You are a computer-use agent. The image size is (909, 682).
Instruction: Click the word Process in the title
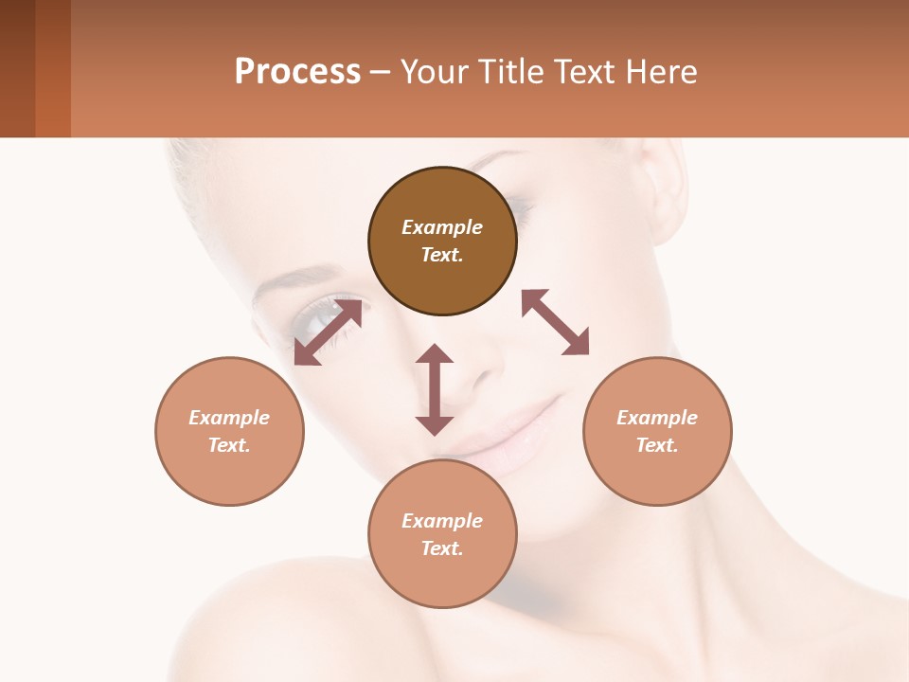(297, 72)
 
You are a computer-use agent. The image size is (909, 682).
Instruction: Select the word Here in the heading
(658, 72)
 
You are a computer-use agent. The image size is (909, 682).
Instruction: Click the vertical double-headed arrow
(435, 389)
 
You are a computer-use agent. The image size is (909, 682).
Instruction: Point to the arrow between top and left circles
(328, 332)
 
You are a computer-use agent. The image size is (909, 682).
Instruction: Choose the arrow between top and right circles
(555, 322)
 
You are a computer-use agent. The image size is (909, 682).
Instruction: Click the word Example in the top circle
(442, 227)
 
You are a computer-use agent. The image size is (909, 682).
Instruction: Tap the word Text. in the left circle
(229, 445)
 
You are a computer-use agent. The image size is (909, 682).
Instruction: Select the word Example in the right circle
(657, 418)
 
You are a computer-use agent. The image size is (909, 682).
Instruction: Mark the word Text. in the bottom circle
(442, 548)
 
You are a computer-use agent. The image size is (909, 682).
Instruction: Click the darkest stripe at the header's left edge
(17, 68)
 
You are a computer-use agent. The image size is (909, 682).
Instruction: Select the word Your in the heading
(432, 72)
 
